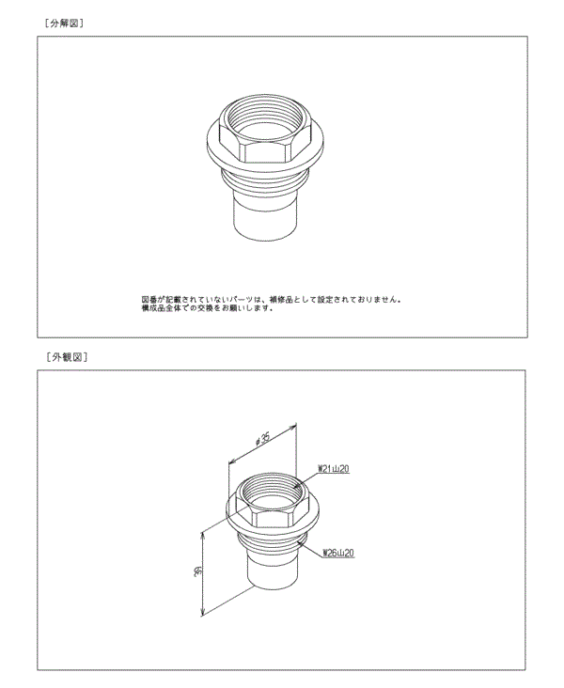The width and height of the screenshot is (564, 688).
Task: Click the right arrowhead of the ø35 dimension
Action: (x=298, y=422)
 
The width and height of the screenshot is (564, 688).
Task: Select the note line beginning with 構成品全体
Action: (x=207, y=308)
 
